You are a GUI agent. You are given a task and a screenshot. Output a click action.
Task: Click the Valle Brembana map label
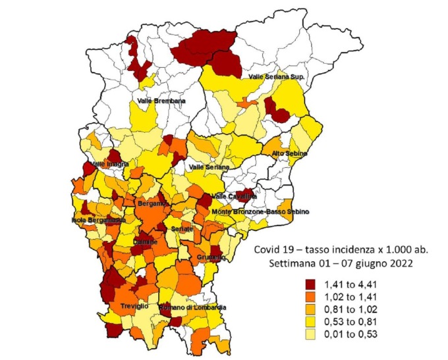(161, 101)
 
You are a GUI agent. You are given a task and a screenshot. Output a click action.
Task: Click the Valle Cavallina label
(233, 196)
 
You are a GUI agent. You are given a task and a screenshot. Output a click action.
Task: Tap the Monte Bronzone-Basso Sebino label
(260, 212)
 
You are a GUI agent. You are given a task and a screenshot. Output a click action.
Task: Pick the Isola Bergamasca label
(99, 220)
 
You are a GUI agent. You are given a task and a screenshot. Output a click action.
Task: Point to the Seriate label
(182, 228)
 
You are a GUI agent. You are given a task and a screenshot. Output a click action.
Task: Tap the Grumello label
(211, 257)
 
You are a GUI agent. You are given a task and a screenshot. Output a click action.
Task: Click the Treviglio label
(134, 307)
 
